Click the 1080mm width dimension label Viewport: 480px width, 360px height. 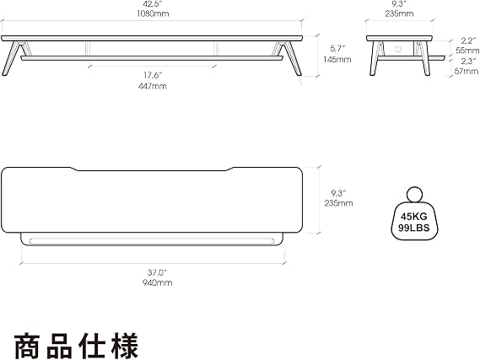point(153,13)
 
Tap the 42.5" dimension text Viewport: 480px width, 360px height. point(153,4)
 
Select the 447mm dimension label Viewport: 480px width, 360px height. point(153,86)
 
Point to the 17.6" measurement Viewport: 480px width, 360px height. point(152,75)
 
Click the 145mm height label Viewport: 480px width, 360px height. point(337,59)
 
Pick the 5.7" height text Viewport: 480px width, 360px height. point(337,48)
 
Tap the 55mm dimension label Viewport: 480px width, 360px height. point(467,51)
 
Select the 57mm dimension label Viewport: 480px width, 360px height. point(467,72)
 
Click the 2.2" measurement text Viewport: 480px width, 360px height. point(469,40)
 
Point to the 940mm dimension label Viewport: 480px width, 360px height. point(157,282)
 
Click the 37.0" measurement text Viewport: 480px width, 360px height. point(157,272)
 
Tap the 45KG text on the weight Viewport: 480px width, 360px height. point(414,217)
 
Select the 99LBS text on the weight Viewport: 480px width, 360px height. point(414,228)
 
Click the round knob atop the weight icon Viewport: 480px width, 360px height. point(414,195)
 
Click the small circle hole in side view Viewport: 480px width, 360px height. point(398,49)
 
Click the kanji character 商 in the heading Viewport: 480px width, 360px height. point(27,346)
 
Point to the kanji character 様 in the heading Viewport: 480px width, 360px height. point(125,346)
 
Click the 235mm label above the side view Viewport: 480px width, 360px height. point(399,13)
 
